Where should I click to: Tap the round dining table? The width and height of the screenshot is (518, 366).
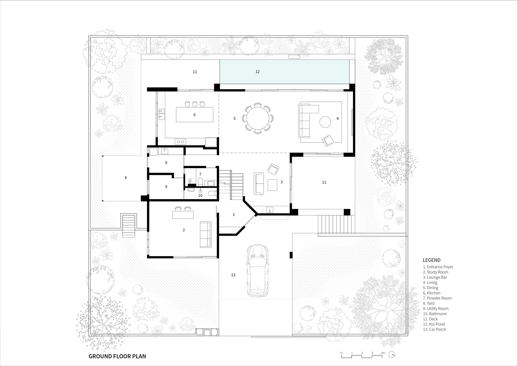[257, 118]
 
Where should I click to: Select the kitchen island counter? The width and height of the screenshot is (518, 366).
[195, 114]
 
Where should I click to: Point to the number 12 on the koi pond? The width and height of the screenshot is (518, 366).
[257, 72]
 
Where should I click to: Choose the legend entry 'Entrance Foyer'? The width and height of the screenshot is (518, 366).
[438, 267]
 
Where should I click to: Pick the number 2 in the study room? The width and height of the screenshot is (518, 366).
[184, 230]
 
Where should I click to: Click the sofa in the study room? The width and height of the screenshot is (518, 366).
[205, 234]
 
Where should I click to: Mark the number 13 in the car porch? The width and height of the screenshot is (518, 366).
[233, 275]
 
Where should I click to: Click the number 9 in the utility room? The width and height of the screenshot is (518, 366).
[166, 187]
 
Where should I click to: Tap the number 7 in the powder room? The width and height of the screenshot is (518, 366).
[200, 174]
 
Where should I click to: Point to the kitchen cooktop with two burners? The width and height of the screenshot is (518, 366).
[181, 142]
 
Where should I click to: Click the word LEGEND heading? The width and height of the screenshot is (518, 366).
[431, 260]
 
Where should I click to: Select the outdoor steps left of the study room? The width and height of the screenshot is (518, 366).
[129, 226]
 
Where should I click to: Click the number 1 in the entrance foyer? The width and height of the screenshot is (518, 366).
[234, 214]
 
